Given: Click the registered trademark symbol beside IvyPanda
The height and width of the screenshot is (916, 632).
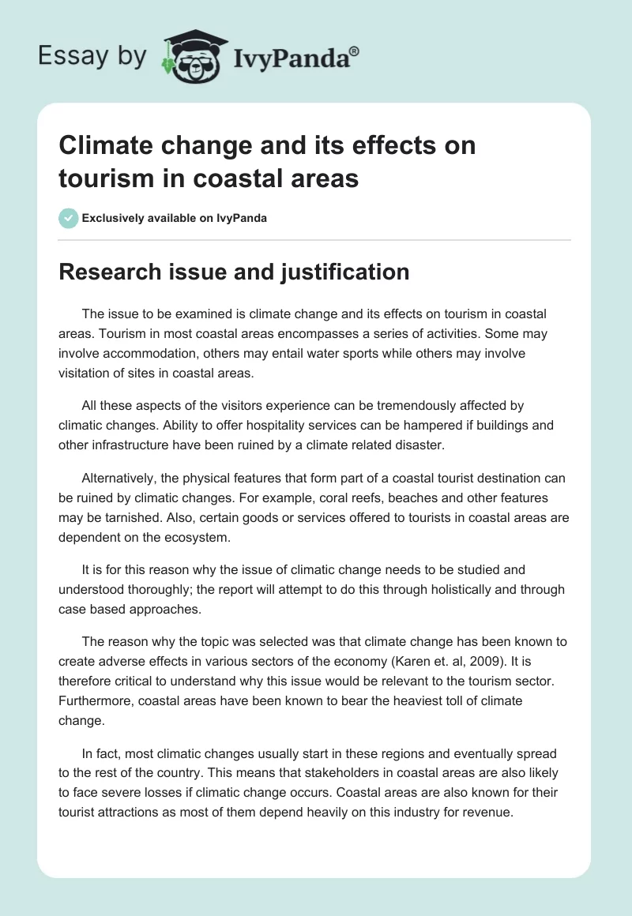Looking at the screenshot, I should click(355, 51).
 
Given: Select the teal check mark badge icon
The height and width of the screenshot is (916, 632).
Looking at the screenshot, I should click(68, 218).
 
